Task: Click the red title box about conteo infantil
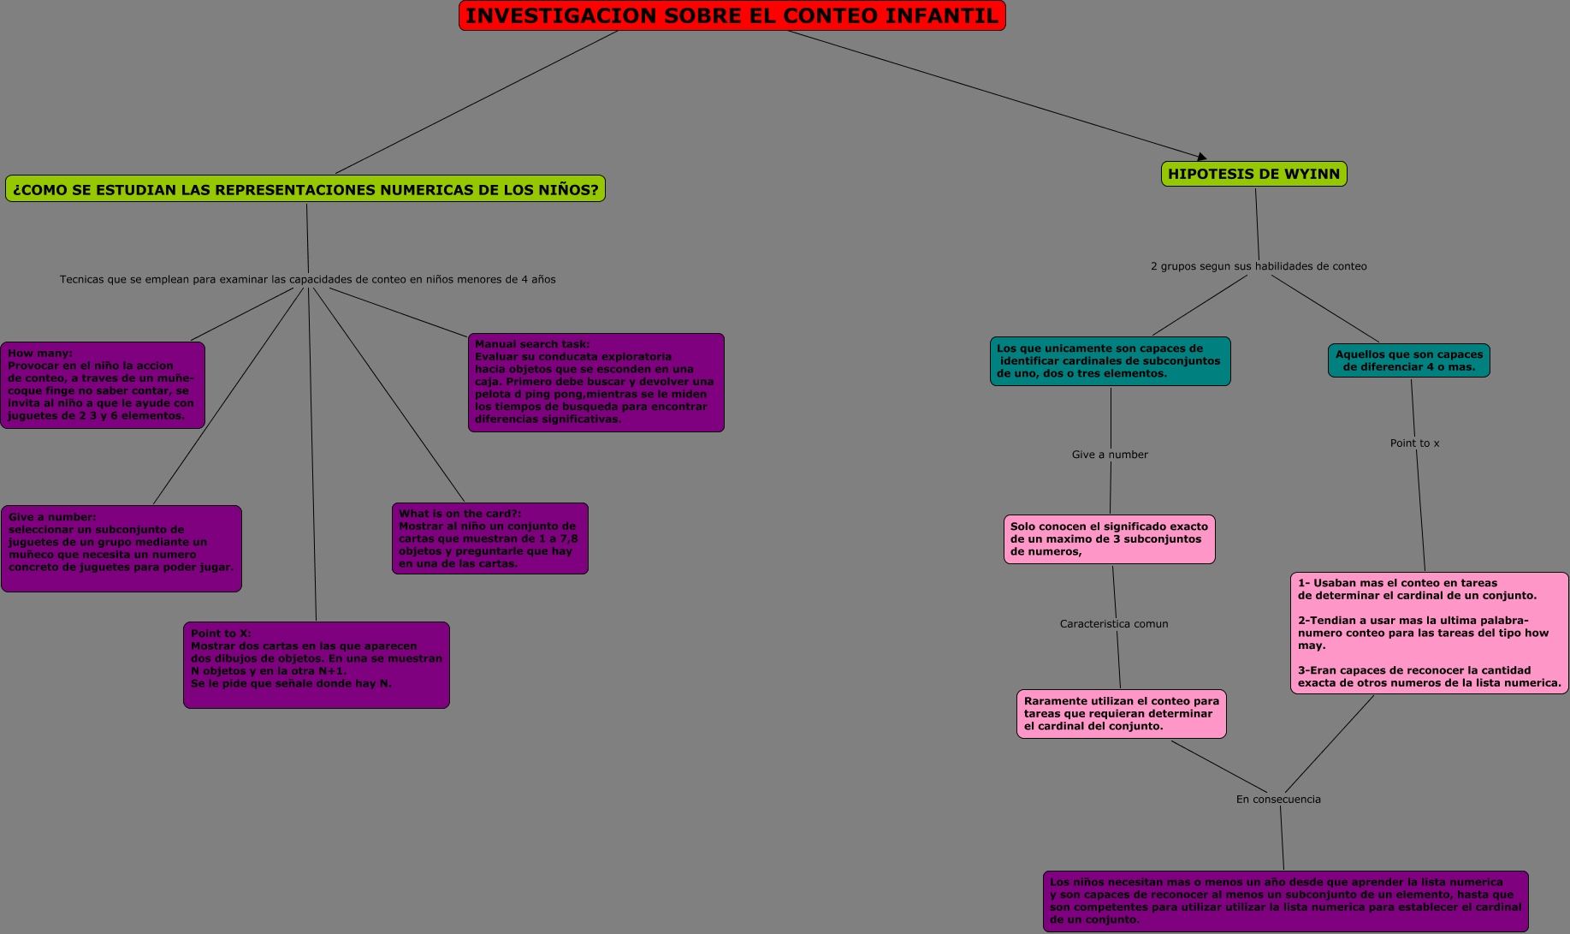732,16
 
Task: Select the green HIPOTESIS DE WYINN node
1253,174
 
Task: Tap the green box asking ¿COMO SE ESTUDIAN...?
305,189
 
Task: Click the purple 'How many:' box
103,384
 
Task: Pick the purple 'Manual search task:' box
595,382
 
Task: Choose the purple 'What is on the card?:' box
489,538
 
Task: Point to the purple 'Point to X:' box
316,664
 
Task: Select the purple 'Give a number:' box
121,548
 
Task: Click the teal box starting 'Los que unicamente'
1110,361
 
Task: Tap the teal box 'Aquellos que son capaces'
1408,360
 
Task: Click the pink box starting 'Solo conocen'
1109,539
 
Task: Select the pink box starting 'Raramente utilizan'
1121,714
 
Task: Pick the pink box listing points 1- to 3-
1429,633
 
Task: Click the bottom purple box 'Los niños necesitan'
1285,901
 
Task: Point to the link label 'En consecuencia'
1278,800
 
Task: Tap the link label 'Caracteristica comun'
1113,624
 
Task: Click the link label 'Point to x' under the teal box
1414,443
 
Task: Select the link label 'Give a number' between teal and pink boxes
1110,455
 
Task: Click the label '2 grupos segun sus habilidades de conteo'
1259,266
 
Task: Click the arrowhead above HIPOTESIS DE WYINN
1202,157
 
